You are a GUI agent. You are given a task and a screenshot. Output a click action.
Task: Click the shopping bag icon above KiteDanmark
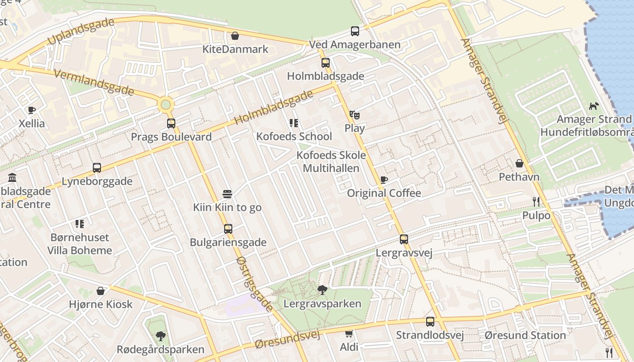point(235,36)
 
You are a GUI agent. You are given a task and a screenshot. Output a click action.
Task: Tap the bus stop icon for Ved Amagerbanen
point(355,31)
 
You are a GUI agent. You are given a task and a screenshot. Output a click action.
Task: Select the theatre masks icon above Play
point(354,115)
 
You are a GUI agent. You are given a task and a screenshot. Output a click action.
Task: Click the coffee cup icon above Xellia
point(31,110)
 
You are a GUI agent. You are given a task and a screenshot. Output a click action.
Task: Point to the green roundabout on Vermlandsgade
point(166,105)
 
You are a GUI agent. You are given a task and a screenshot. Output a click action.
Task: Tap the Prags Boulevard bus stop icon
point(171,124)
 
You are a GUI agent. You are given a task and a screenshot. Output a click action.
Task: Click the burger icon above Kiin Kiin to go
point(227,195)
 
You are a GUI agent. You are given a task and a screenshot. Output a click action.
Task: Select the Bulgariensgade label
point(228,243)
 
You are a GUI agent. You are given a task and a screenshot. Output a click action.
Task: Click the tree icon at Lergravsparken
point(322,290)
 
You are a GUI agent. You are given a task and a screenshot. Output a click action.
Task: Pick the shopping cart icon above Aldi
point(349,334)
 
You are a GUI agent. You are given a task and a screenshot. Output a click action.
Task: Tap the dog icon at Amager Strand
point(593,106)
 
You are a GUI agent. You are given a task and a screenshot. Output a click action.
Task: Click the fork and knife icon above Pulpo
point(536,202)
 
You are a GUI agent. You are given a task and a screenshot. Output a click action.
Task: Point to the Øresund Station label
point(525,335)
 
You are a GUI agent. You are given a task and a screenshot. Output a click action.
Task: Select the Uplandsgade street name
point(81,32)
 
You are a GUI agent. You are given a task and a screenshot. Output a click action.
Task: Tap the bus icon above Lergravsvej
point(403,239)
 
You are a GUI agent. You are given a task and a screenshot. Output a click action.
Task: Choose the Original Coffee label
point(384,193)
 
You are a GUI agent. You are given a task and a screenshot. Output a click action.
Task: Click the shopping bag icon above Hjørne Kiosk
point(101,291)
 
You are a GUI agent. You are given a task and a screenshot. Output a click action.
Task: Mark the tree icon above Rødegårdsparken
point(160,336)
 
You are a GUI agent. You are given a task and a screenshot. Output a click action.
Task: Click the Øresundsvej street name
point(288,339)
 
